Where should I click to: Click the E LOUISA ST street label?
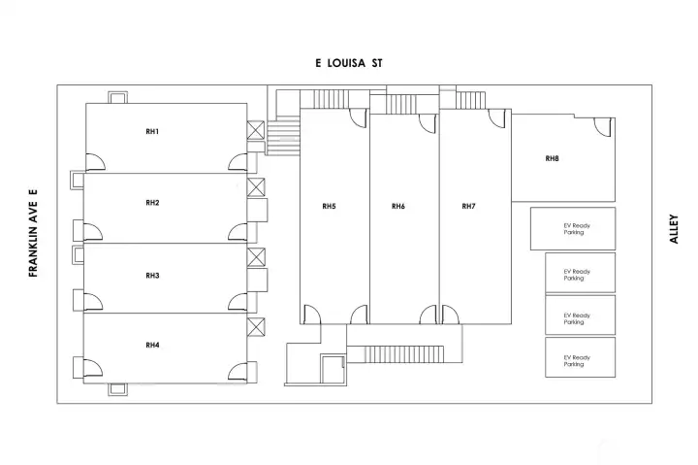(x=350, y=62)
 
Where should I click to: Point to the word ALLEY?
(x=675, y=228)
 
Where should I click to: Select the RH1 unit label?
(x=152, y=131)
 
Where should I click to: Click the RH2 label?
(x=152, y=203)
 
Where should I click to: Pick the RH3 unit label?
(x=152, y=276)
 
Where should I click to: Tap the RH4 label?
(x=152, y=345)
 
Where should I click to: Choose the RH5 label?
(x=329, y=206)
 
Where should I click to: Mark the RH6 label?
(x=398, y=206)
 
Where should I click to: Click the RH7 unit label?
(x=468, y=206)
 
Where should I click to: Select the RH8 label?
(x=552, y=158)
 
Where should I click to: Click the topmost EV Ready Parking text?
(x=577, y=229)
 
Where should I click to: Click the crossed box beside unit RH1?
(x=256, y=131)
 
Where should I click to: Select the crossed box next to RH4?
(x=256, y=327)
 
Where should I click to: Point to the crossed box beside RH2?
(x=256, y=187)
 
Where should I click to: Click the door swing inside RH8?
(x=603, y=126)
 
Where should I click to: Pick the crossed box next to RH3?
(x=256, y=257)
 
